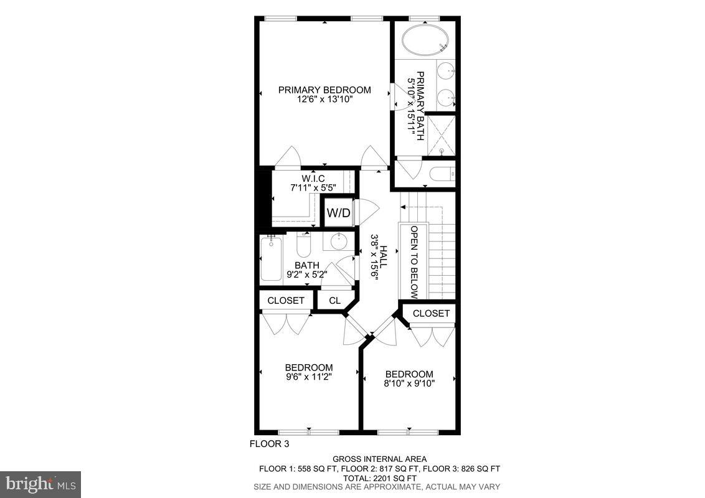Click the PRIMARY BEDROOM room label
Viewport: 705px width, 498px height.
pyautogui.click(x=324, y=90)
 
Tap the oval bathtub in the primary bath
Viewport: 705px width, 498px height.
pyautogui.click(x=425, y=41)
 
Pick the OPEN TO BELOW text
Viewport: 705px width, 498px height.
pyautogui.click(x=414, y=261)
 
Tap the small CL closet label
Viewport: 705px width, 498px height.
pyautogui.click(x=334, y=301)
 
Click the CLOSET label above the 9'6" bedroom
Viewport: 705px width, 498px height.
pyautogui.click(x=286, y=301)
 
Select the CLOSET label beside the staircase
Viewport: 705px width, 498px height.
pyautogui.click(x=431, y=313)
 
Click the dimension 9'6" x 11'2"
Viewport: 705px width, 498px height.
pyautogui.click(x=309, y=377)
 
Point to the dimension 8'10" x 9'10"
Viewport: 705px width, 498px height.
pyautogui.click(x=409, y=383)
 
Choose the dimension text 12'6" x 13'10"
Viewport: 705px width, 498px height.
pyautogui.click(x=324, y=100)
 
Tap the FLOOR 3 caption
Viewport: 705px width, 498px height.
pyautogui.click(x=269, y=444)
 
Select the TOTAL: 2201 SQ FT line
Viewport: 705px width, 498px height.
pyautogui.click(x=379, y=477)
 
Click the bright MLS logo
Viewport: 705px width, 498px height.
pyautogui.click(x=40, y=484)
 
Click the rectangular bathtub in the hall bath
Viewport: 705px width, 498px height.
pyautogui.click(x=271, y=260)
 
